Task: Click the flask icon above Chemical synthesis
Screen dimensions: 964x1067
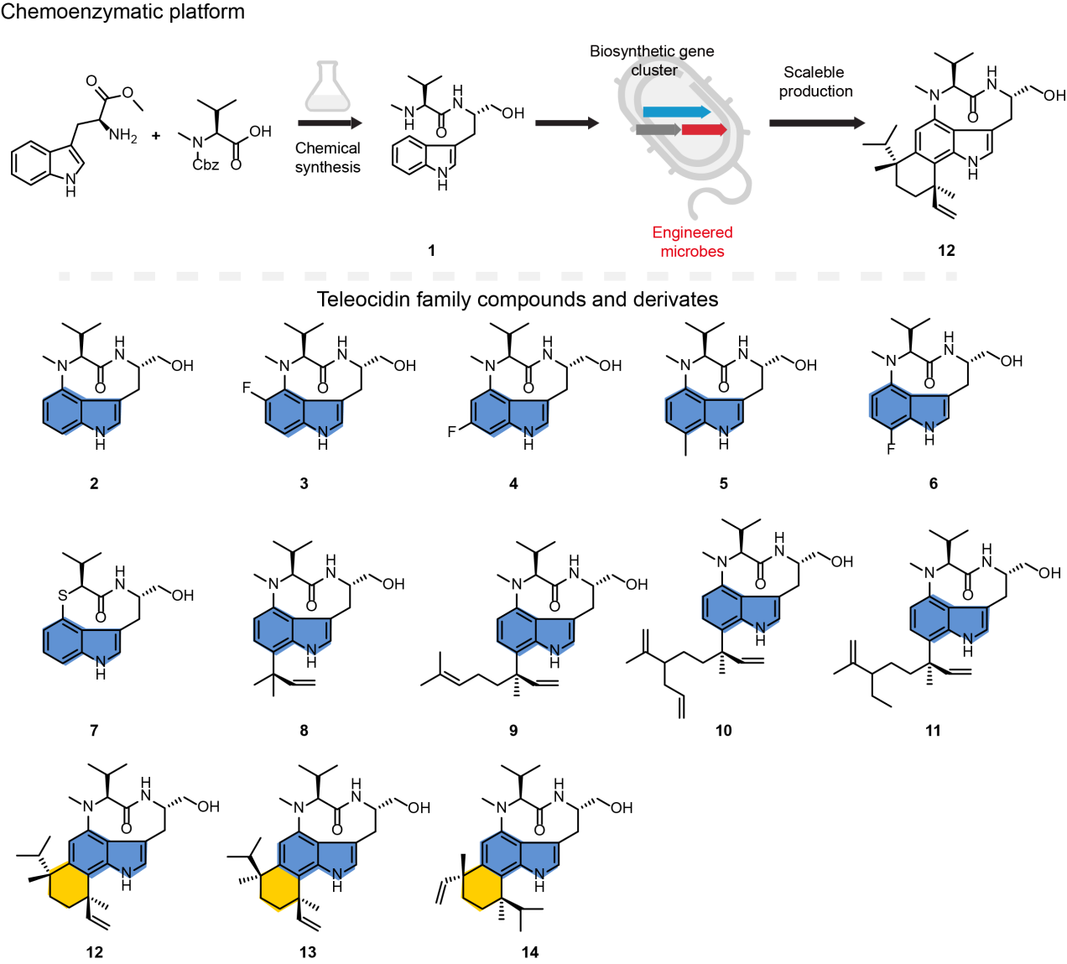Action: (327, 87)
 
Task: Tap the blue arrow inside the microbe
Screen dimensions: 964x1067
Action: (676, 112)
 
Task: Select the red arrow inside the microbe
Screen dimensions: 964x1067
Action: (703, 129)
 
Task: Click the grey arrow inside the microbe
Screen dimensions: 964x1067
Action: (657, 129)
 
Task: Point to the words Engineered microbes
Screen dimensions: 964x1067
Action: (692, 242)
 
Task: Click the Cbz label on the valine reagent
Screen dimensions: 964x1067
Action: (206, 164)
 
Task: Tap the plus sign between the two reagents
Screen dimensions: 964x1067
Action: (156, 135)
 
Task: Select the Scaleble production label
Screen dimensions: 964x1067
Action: (815, 81)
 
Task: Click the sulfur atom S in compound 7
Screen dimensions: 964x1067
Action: (63, 595)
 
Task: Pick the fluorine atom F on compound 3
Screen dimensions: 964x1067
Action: (247, 388)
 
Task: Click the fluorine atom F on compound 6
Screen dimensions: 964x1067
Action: (891, 449)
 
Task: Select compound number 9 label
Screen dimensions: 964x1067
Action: (513, 731)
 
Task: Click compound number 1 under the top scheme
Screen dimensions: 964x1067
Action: (431, 250)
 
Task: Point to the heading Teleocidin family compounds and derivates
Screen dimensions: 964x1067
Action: (517, 300)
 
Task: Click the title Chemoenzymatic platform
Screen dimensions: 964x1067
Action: (122, 12)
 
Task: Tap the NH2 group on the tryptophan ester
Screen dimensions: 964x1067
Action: (123, 136)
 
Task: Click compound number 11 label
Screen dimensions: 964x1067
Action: (933, 731)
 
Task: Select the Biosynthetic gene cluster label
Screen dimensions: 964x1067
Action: (652, 60)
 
